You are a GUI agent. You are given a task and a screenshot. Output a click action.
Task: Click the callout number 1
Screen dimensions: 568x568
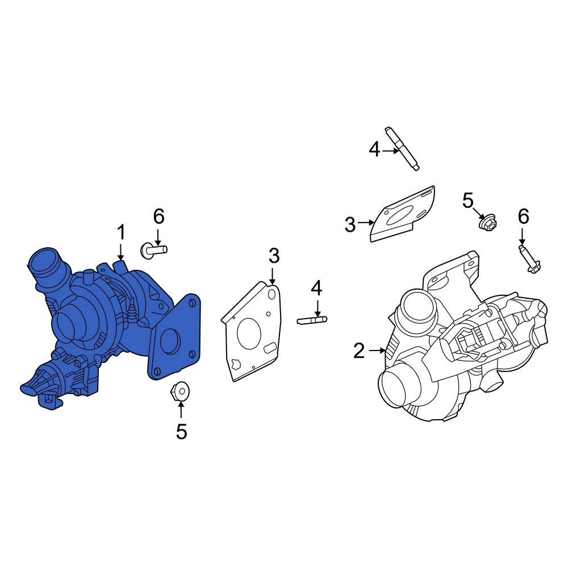coord(121,232)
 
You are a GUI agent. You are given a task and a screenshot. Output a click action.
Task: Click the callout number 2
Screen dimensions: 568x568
coord(359,351)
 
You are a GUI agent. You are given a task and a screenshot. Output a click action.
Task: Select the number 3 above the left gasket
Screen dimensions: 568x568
coord(274,256)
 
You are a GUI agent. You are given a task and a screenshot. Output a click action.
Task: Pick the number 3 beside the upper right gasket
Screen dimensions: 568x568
coord(350,224)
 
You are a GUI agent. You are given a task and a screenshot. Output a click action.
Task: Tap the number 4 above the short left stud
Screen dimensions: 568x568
coord(316,288)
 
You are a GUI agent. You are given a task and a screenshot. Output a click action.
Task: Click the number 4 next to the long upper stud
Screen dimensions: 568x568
coord(374,149)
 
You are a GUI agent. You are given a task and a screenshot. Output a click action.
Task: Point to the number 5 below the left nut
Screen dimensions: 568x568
coord(182,432)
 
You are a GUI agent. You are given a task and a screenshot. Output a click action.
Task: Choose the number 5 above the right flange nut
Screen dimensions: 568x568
coord(468,201)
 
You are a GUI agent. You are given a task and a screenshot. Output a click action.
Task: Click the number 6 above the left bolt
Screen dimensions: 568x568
coord(158,216)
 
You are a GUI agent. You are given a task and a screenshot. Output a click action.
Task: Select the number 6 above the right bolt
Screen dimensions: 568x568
coord(524,216)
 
